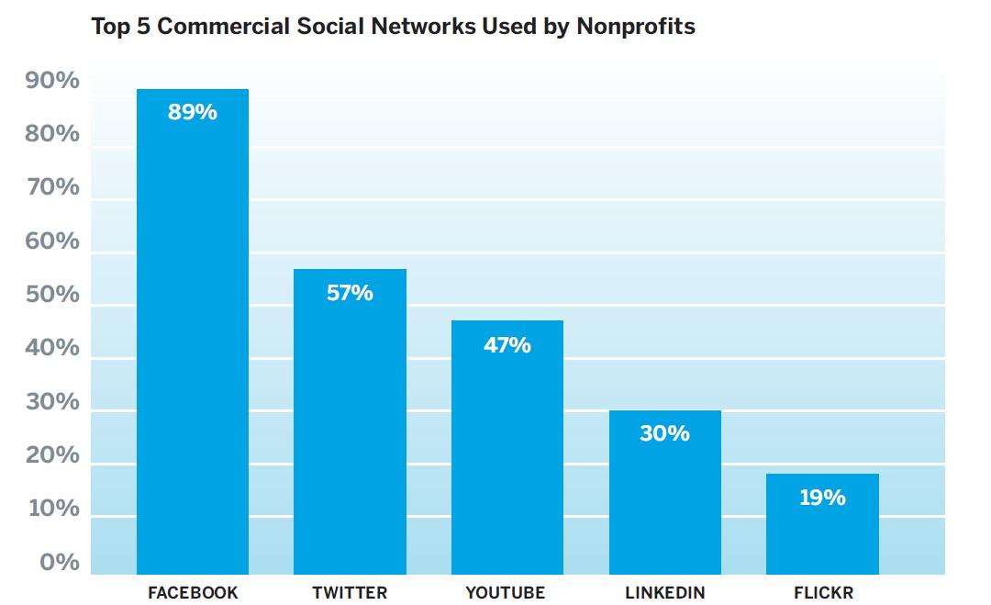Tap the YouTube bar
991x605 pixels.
click(x=507, y=459)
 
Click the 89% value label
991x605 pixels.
click(x=193, y=112)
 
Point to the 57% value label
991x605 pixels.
click(x=350, y=293)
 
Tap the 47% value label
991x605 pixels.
click(x=507, y=345)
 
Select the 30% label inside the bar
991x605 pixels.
click(x=665, y=433)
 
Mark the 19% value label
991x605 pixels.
click(x=822, y=498)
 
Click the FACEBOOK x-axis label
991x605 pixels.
click(x=193, y=592)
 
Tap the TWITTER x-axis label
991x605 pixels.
click(x=350, y=592)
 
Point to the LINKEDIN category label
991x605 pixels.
click(x=665, y=592)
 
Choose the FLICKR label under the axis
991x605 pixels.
click(x=823, y=592)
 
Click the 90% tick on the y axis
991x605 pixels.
click(x=53, y=81)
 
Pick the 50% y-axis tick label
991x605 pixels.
click(x=53, y=295)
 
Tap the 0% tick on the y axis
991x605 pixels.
click(x=60, y=562)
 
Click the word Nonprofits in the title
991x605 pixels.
click(x=635, y=27)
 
